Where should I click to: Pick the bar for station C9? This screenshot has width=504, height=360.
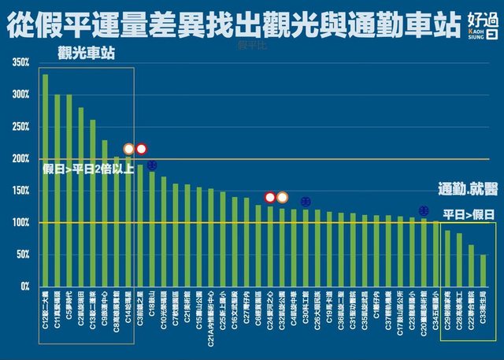tap(105, 213)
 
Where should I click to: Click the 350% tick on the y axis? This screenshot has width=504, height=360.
tap(20, 62)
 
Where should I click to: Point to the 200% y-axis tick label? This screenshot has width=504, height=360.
tap(20, 158)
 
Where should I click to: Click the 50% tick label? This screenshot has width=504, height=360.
tap(23, 254)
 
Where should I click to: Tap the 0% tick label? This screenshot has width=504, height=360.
tap(25, 287)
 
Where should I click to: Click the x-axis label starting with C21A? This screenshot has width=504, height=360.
tap(211, 316)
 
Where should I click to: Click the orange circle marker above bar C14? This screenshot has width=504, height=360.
tap(129, 149)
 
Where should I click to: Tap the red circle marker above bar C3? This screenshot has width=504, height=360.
tap(142, 149)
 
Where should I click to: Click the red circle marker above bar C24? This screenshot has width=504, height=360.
tap(270, 197)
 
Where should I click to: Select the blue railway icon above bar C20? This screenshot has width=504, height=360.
tap(424, 210)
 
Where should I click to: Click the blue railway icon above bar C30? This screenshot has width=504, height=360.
tap(306, 202)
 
